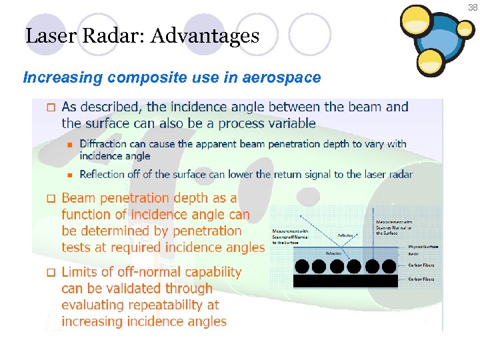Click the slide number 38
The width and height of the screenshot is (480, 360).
tap(472, 7)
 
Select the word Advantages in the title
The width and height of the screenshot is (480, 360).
tap(205, 35)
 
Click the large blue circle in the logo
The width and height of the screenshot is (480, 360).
tap(435, 47)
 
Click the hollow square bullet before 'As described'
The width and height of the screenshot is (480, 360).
tap(50, 107)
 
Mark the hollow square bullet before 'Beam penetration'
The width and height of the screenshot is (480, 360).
tap(50, 199)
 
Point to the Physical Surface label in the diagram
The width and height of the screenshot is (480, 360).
tap(423, 246)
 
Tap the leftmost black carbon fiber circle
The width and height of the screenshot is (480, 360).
tap(302, 267)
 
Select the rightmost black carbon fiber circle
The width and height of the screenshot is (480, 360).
tap(389, 267)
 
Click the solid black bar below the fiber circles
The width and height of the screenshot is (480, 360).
tap(345, 281)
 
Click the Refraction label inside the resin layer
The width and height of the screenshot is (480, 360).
tap(334, 253)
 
